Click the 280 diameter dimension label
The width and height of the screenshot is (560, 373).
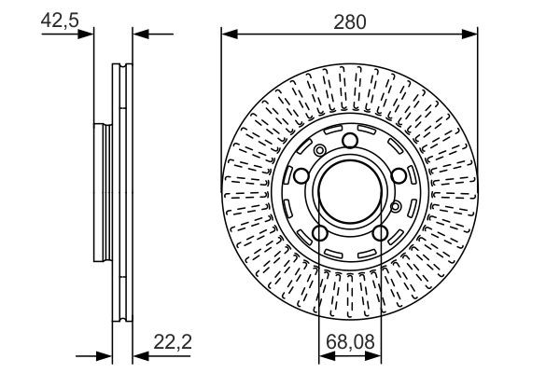click(x=349, y=20)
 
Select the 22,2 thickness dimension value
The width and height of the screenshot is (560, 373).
click(x=175, y=342)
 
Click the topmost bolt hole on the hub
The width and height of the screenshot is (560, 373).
click(x=349, y=141)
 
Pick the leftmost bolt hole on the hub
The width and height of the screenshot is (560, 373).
click(x=301, y=176)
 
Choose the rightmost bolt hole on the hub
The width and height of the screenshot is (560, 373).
click(x=398, y=176)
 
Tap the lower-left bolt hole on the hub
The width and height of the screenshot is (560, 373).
click(x=319, y=233)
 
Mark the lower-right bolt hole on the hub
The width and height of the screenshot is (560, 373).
click(x=379, y=233)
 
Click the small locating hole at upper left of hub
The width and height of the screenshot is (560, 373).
click(x=320, y=151)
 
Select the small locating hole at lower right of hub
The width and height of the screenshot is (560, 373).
click(x=396, y=206)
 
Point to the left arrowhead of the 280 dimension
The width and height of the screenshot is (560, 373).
click(x=227, y=35)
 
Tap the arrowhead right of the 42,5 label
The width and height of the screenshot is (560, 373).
click(x=90, y=35)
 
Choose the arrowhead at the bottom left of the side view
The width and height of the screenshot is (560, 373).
click(x=106, y=354)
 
